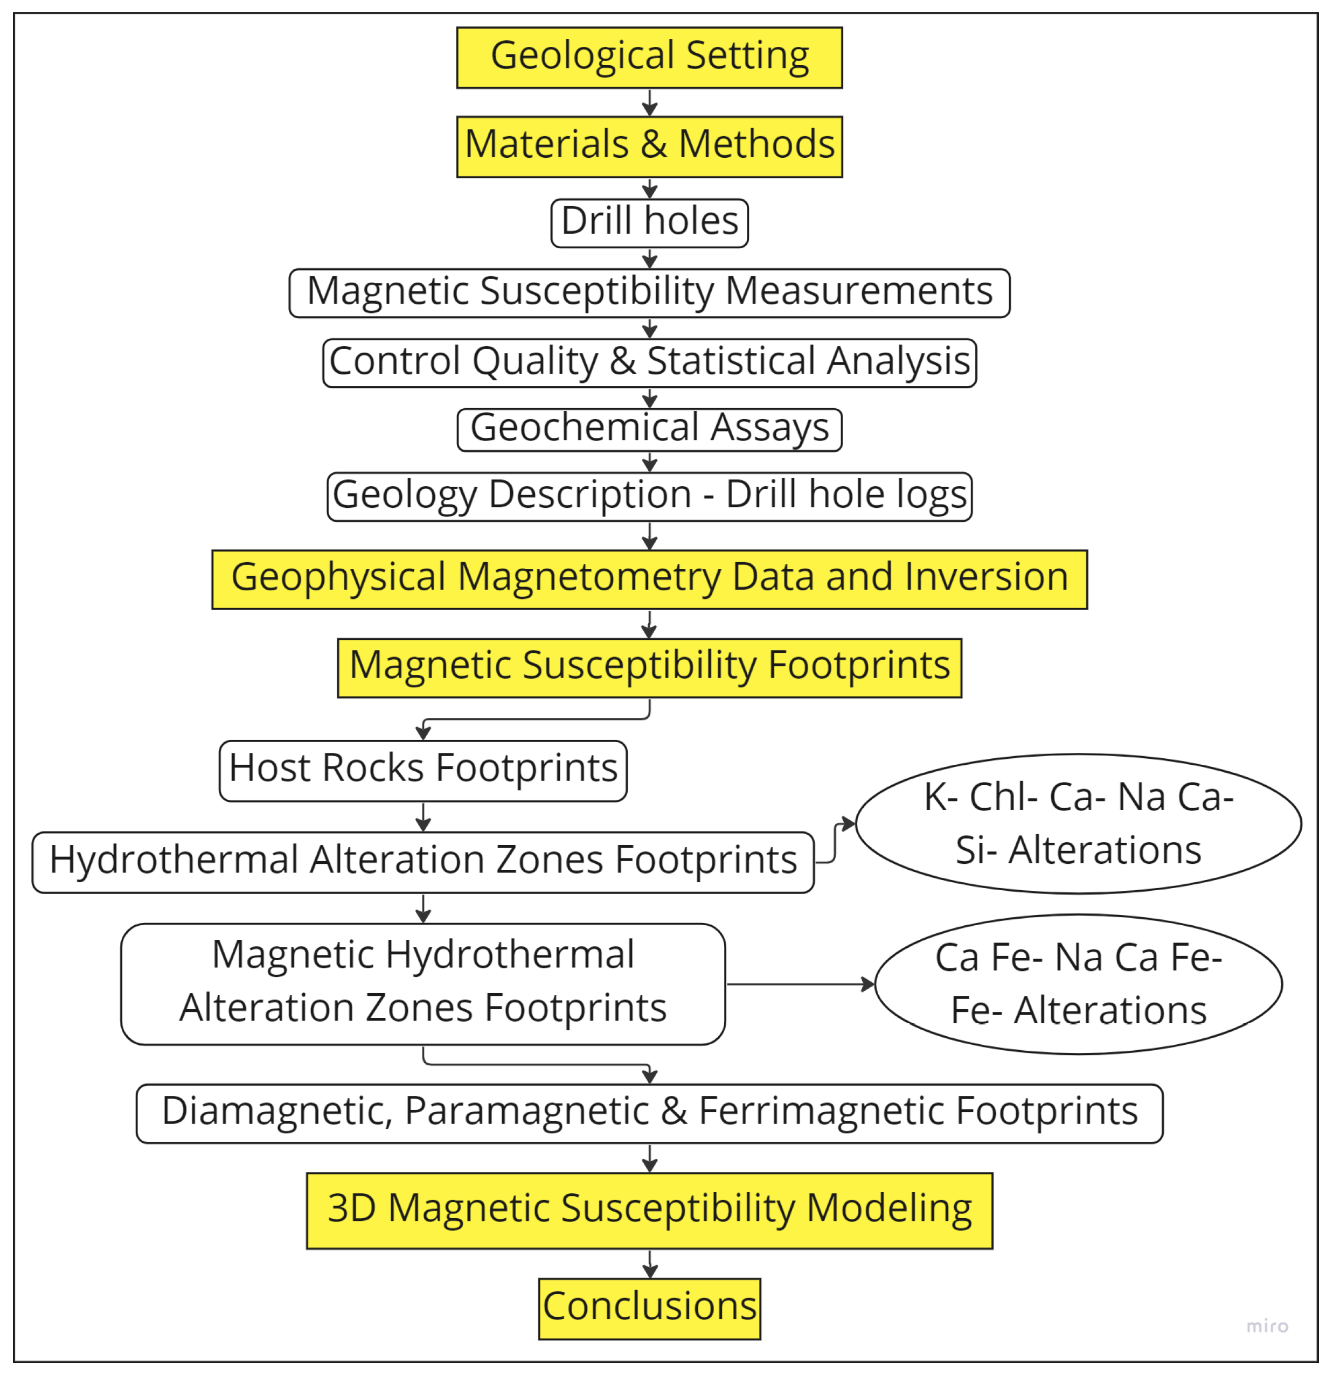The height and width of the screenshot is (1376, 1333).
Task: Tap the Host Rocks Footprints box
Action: point(423,770)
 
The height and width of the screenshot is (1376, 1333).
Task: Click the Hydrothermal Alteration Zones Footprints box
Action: point(423,861)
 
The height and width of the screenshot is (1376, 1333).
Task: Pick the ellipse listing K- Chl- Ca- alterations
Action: point(1078,823)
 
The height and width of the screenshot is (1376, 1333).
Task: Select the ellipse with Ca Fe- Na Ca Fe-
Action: point(1078,983)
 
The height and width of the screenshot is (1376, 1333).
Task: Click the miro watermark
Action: point(1267,1325)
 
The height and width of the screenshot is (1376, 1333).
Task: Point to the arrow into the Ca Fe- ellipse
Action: point(801,983)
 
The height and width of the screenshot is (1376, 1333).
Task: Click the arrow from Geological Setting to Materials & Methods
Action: point(650,102)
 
